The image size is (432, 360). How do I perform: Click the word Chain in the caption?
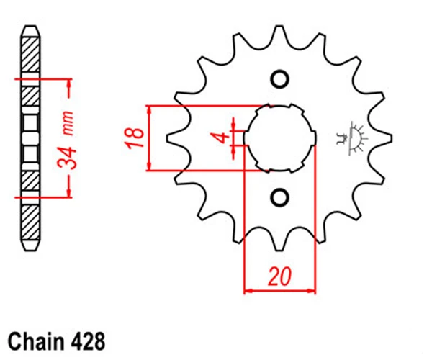(36, 341)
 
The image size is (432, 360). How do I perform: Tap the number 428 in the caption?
(88, 341)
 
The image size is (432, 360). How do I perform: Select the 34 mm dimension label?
(66, 140)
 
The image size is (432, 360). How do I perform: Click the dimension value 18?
(135, 138)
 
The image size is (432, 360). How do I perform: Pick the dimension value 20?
(279, 276)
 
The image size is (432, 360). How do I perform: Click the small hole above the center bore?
(279, 80)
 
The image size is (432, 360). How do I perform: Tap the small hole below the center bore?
(279, 197)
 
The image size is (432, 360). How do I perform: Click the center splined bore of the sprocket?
(279, 138)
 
